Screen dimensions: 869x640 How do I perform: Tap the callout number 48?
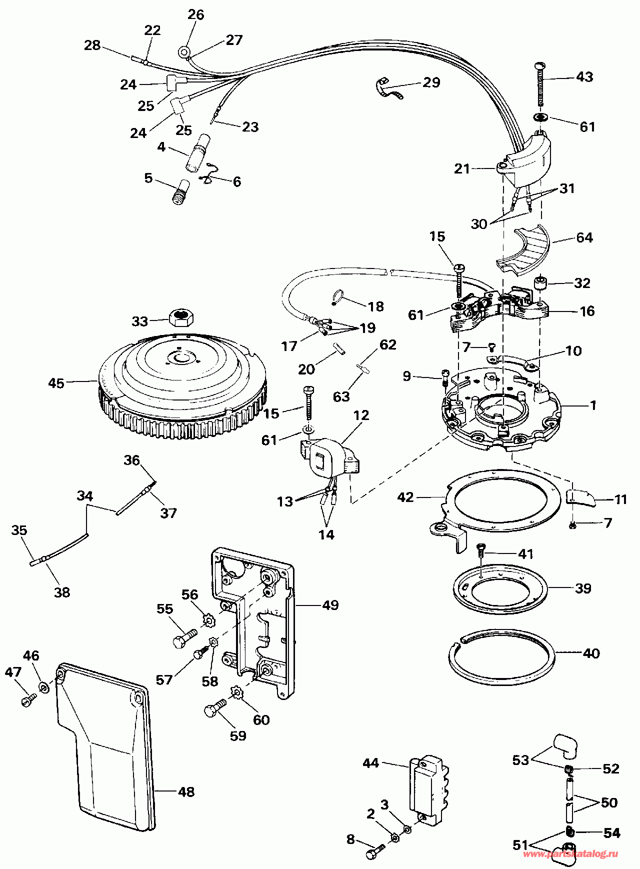click(x=186, y=791)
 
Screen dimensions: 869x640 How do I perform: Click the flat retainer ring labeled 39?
click(x=500, y=589)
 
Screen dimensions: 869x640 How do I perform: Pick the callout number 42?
click(x=405, y=497)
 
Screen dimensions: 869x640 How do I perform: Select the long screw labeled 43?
click(x=540, y=85)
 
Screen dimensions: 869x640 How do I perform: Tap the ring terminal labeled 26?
click(x=183, y=51)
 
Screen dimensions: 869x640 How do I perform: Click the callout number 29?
click(x=431, y=82)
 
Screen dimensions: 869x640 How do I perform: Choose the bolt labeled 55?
click(x=184, y=638)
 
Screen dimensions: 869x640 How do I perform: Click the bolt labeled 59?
click(x=215, y=708)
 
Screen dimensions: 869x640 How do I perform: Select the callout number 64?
click(x=584, y=237)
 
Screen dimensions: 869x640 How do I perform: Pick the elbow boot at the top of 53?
click(x=562, y=745)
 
